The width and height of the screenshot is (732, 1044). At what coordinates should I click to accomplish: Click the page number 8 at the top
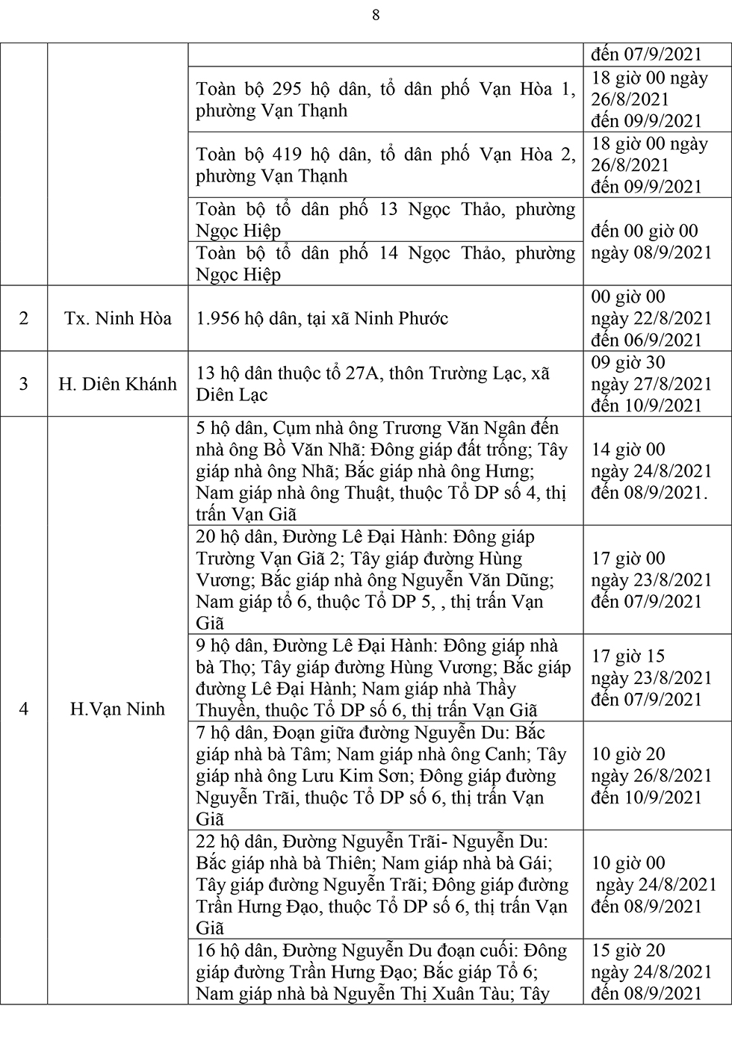[376, 16]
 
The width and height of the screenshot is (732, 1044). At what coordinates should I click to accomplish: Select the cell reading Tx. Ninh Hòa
[118, 318]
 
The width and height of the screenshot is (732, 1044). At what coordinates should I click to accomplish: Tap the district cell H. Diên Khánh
[118, 384]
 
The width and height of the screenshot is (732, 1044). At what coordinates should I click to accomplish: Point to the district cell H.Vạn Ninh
[118, 709]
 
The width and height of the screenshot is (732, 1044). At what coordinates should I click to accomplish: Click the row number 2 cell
[24, 318]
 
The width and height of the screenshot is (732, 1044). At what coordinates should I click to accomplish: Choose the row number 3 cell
[24, 384]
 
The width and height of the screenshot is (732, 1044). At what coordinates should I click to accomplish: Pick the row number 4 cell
[24, 709]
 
